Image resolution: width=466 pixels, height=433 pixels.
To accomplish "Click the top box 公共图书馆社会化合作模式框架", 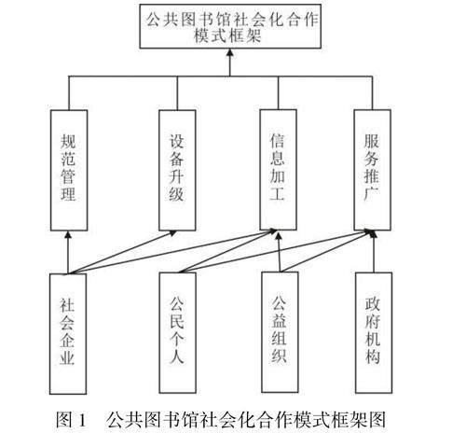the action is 230,26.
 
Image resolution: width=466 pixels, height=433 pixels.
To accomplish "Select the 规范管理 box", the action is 69,171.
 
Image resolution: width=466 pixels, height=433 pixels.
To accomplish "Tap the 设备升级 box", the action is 177,171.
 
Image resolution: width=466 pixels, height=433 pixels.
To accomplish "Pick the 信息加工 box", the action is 278,170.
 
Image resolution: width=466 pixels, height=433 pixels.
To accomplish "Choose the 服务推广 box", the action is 373,170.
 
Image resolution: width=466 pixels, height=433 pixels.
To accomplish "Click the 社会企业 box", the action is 68,334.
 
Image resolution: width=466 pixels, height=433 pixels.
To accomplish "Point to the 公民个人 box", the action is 177,333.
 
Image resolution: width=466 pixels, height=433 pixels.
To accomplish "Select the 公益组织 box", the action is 280,332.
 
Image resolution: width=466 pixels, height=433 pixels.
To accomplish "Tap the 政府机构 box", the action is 374,333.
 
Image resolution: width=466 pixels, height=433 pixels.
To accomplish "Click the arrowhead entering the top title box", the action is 230,52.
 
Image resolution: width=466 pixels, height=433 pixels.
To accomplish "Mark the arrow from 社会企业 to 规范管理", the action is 68,252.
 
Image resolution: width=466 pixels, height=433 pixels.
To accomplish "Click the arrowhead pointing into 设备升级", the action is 172,233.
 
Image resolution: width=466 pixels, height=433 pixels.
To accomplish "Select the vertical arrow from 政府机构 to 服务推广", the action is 373,251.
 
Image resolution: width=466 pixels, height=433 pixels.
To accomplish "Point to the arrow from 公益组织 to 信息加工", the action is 280,251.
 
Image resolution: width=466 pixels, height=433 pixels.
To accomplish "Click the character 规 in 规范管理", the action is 68,142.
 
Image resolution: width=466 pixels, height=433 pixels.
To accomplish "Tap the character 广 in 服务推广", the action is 372,194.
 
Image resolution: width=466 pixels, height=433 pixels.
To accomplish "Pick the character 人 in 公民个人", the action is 177,356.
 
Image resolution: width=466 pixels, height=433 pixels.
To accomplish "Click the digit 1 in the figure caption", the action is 82,419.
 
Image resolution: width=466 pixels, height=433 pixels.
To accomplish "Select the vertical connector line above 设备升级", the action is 177,93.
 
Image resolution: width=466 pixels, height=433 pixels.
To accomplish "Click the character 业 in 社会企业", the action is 67,357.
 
